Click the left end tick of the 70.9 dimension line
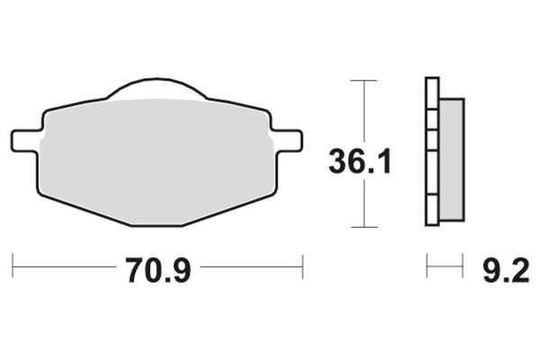13,266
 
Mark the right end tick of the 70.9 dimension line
301,266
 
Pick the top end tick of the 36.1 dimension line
363,81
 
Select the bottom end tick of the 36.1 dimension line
363,227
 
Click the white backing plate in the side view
431,153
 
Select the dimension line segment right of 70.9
252,266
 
